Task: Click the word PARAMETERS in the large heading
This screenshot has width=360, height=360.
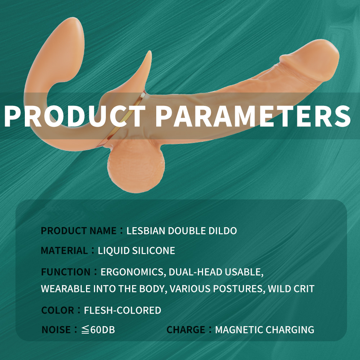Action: tap(253, 116)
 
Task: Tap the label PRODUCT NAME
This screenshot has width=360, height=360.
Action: tap(79, 231)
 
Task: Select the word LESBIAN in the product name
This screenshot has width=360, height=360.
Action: tap(146, 231)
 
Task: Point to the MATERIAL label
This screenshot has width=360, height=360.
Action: tap(64, 251)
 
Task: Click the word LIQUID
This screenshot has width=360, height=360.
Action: tap(113, 251)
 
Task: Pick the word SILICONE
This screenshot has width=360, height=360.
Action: tap(154, 251)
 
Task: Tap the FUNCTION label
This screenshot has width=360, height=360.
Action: tap(66, 272)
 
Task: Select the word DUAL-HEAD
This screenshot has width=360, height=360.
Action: tap(195, 272)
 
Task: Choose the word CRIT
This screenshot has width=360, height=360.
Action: tap(304, 289)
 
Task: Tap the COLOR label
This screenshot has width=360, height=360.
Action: tap(58, 310)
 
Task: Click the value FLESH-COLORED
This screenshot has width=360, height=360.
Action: tap(123, 310)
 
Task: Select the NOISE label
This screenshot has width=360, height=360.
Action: tap(56, 330)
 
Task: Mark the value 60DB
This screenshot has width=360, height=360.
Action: tap(103, 330)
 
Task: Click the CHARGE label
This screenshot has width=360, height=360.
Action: tap(186, 330)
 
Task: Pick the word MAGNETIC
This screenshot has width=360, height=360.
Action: tap(239, 330)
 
